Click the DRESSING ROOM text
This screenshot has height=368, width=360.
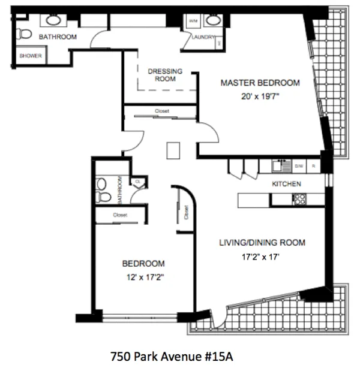pos(165,74)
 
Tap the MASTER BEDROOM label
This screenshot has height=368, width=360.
pos(260,83)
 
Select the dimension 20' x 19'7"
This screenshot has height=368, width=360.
pos(260,95)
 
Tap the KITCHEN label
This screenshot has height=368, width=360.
pos(286,184)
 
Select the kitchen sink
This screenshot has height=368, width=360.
pos(280,165)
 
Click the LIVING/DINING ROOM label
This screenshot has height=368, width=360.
pos(261,243)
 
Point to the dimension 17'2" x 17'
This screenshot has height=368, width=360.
pos(261,257)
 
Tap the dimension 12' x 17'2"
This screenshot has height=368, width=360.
pos(144,277)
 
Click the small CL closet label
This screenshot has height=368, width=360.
pos(137,180)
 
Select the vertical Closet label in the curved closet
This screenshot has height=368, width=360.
pos(187,213)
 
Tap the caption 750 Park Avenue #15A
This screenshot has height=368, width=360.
pos(172,355)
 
